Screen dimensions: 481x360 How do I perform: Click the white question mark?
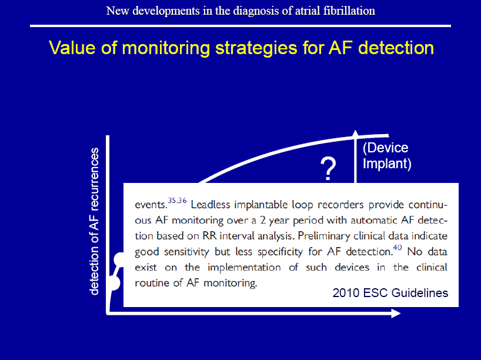(328, 169)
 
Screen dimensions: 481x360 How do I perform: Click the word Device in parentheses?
(386, 148)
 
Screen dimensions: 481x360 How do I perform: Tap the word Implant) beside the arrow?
(387, 164)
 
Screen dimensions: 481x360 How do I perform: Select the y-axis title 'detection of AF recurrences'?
(94, 221)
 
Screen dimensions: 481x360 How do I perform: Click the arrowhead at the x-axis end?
(396, 314)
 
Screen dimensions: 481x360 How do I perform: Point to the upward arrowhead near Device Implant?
(355, 133)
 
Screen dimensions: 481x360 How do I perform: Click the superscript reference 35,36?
(178, 201)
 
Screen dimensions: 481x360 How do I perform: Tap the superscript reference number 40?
(398, 248)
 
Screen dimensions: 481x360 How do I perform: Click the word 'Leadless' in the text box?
(211, 205)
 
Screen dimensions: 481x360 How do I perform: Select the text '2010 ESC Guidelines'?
(390, 293)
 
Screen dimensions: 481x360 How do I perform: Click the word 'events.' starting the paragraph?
(151, 205)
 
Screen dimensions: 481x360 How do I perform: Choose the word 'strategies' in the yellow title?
(256, 48)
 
